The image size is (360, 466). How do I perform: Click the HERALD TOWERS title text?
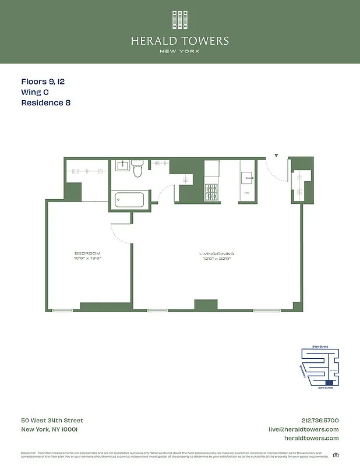tap(180, 41)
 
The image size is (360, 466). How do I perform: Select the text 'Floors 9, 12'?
tap(43, 82)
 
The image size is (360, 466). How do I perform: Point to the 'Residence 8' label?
tap(45, 103)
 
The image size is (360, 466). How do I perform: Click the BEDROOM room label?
tap(87, 253)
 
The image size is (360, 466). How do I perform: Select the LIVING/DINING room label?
tap(216, 253)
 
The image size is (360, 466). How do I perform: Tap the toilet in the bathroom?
tap(137, 169)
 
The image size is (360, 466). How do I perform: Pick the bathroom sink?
tap(123, 166)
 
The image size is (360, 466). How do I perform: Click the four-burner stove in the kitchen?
tap(211, 192)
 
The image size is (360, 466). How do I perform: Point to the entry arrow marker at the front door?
tap(277, 156)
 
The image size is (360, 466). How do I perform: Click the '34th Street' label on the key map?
tap(320, 347)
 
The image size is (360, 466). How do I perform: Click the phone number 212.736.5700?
tap(320, 421)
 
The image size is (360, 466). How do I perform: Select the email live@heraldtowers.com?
tap(303, 429)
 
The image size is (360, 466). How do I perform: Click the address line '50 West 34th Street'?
tap(52, 421)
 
